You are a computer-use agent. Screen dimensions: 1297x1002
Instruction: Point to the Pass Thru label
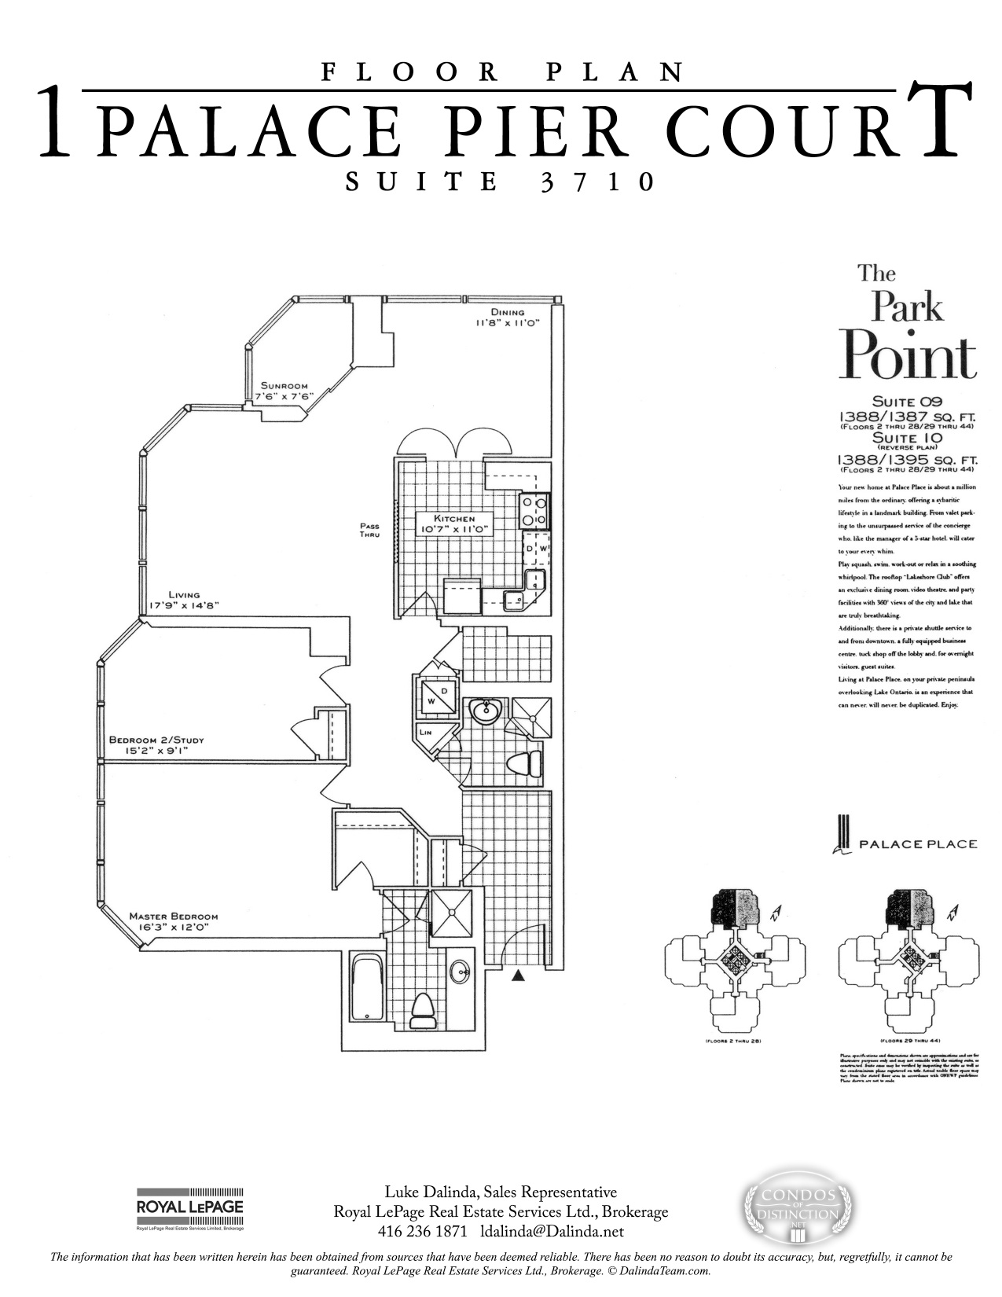coord(369,531)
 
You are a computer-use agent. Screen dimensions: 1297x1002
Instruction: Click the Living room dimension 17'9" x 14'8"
coord(183,605)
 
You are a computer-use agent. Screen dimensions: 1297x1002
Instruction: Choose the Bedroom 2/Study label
coord(156,740)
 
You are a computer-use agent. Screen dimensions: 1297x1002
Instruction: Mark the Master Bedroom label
coord(173,917)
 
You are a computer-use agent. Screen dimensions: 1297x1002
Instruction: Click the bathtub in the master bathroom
coord(367,987)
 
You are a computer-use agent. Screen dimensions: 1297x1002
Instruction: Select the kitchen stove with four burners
coord(534,511)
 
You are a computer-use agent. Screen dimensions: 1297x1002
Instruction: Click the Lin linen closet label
coord(425,732)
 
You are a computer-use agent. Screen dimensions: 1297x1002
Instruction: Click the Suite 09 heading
coord(907,402)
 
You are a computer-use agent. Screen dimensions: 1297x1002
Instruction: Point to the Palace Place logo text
coord(918,844)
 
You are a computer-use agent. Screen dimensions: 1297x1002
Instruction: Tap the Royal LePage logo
coord(190,1207)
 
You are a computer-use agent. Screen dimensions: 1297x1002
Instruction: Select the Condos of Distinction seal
coord(798,1207)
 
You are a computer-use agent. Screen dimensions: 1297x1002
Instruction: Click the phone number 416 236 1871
coord(423,1231)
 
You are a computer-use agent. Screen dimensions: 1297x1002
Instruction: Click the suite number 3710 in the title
coord(597,182)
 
